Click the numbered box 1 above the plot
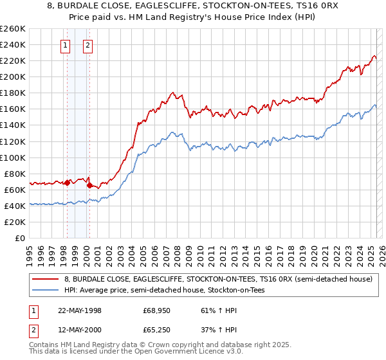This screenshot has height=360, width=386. pyautogui.click(x=66, y=45)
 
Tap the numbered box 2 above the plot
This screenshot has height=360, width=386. pyautogui.click(x=87, y=45)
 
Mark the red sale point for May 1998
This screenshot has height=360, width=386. pyautogui.click(x=68, y=183)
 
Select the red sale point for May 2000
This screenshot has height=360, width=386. pyautogui.click(x=89, y=186)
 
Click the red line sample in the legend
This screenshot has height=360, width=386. pyautogui.click(x=46, y=280)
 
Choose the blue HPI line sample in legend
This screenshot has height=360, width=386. pyautogui.click(x=46, y=291)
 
